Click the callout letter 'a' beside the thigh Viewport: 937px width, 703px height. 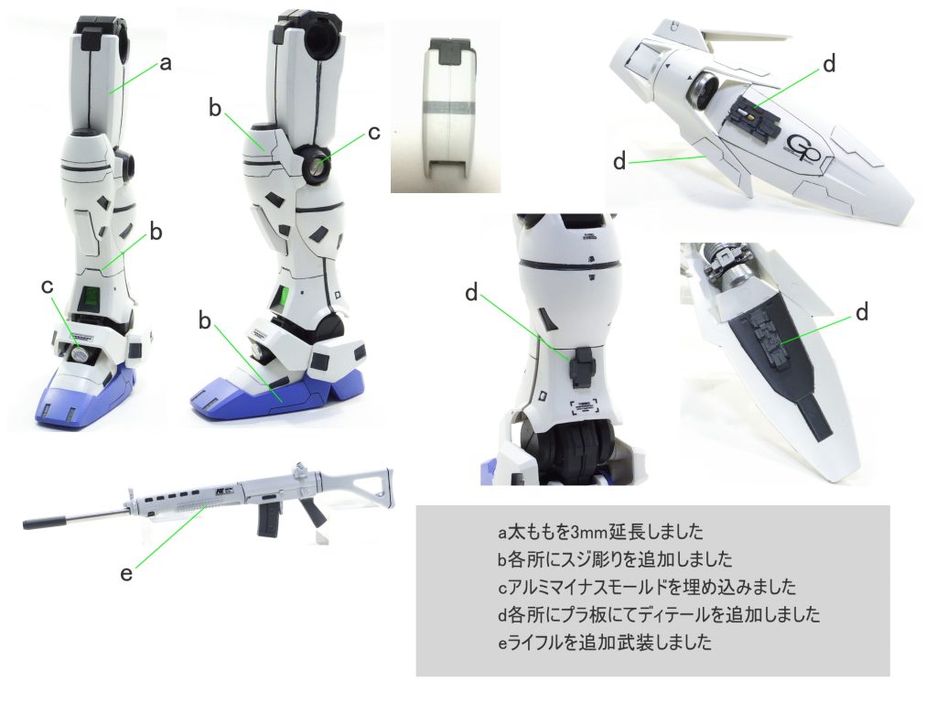point(167,63)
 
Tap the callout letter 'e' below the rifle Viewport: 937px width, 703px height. point(126,573)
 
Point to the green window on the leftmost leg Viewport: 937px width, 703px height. point(92,297)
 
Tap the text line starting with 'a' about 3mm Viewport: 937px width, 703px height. point(600,531)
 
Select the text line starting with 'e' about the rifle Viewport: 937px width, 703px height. point(604,642)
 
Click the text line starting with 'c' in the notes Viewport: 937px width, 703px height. point(647,587)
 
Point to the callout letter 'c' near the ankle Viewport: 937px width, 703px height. point(48,287)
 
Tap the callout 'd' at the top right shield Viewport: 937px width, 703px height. point(829,63)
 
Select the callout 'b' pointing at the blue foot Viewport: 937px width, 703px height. point(205,321)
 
